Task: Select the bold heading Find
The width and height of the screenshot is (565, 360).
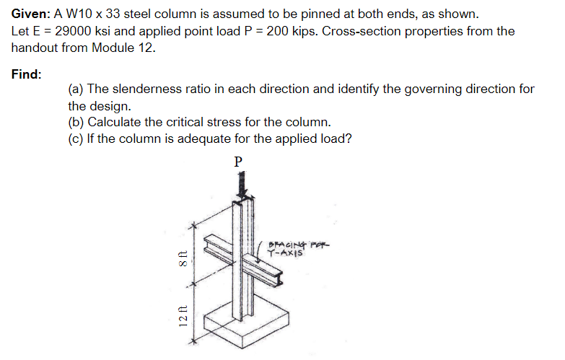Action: coord(27,74)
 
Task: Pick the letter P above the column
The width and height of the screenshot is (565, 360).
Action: coord(239,160)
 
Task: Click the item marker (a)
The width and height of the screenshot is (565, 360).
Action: coord(76,89)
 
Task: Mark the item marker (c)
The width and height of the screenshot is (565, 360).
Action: coord(76,138)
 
